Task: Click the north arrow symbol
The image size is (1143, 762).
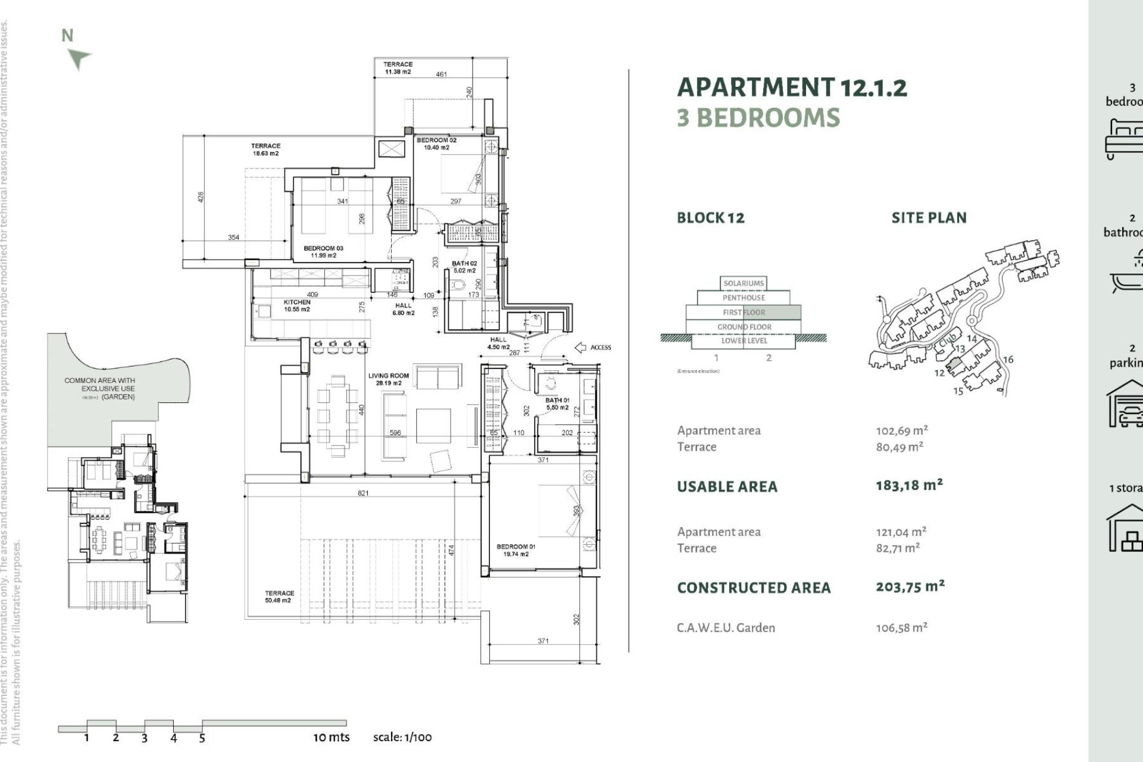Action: pyautogui.click(x=79, y=58)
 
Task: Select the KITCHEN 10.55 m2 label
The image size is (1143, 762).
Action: pyautogui.click(x=296, y=305)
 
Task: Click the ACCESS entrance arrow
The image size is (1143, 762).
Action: pyautogui.click(x=580, y=348)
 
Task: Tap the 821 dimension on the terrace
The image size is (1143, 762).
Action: pyautogui.click(x=363, y=493)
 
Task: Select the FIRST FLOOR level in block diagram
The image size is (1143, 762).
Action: pyautogui.click(x=744, y=312)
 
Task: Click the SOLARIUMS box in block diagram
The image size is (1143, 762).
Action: pyautogui.click(x=744, y=283)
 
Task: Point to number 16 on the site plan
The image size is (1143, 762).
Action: pyautogui.click(x=1008, y=360)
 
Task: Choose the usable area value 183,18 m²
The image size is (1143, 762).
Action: pyautogui.click(x=909, y=485)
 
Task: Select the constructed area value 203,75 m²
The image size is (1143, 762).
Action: pyautogui.click(x=910, y=586)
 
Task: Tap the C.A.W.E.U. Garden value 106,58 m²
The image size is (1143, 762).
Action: pyautogui.click(x=901, y=627)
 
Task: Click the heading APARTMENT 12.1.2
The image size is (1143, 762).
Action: pyautogui.click(x=792, y=88)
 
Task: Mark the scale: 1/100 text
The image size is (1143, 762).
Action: pyautogui.click(x=402, y=737)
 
